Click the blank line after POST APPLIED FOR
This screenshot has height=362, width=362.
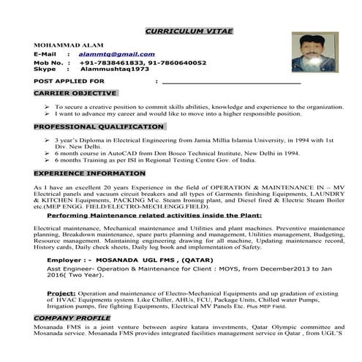click(231, 82)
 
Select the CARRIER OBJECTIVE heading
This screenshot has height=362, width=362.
click(75, 94)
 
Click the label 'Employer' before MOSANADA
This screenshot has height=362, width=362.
click(67, 260)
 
